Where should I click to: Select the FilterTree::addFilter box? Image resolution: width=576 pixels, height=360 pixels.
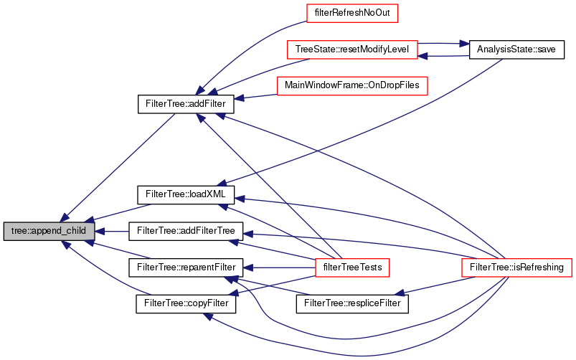186,105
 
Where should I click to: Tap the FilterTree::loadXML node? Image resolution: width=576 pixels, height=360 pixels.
186,194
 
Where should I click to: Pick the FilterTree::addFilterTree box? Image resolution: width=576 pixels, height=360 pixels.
186,231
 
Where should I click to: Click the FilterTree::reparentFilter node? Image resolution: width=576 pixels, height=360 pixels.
186,267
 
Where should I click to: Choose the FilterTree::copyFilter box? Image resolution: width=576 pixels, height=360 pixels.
186,303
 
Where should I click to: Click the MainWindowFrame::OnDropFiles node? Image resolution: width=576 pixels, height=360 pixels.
351,86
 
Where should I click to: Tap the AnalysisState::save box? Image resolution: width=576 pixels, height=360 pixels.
516,49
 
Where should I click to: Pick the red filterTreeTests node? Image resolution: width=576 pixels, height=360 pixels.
351,267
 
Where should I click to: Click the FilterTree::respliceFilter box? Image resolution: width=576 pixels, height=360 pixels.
351,303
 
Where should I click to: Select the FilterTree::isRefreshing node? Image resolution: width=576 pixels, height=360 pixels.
516,267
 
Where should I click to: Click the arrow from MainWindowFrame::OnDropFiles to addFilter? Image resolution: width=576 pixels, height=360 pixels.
258,95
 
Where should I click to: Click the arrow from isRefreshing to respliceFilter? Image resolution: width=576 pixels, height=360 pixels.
438,285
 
